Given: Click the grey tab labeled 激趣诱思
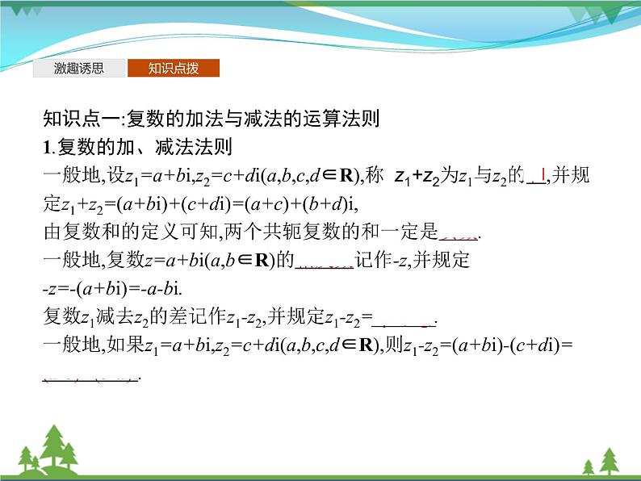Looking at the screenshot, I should tap(79, 69).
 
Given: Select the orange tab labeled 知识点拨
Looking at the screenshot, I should tap(173, 69).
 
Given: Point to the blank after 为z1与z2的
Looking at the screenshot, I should tap(537, 177).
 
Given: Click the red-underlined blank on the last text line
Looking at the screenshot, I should tap(90, 377).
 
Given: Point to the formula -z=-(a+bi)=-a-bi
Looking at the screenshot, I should tap(116, 291).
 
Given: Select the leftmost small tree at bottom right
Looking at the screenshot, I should tap(588, 466).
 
